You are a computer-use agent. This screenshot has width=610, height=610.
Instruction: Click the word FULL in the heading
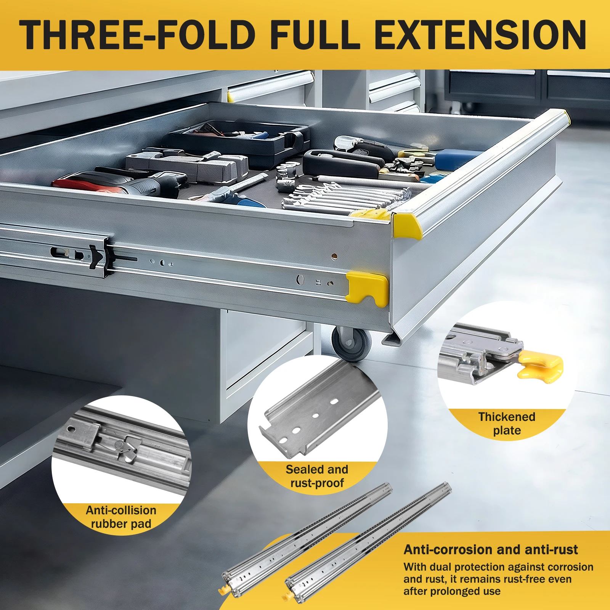point(315,35)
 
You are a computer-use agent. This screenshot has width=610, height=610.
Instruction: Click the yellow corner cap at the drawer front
point(407,226)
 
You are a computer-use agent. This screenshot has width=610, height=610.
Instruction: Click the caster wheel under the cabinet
point(351,342)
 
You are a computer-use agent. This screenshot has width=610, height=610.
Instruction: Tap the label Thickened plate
point(507,424)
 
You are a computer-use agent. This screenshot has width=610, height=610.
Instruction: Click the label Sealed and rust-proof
point(317,476)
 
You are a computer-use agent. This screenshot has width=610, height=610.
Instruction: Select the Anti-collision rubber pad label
point(121,517)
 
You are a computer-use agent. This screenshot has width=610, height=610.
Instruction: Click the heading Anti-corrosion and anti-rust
point(491,550)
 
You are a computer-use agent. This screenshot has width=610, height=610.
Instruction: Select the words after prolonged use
point(452,591)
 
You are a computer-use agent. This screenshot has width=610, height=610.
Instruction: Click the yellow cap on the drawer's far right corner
point(566,117)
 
